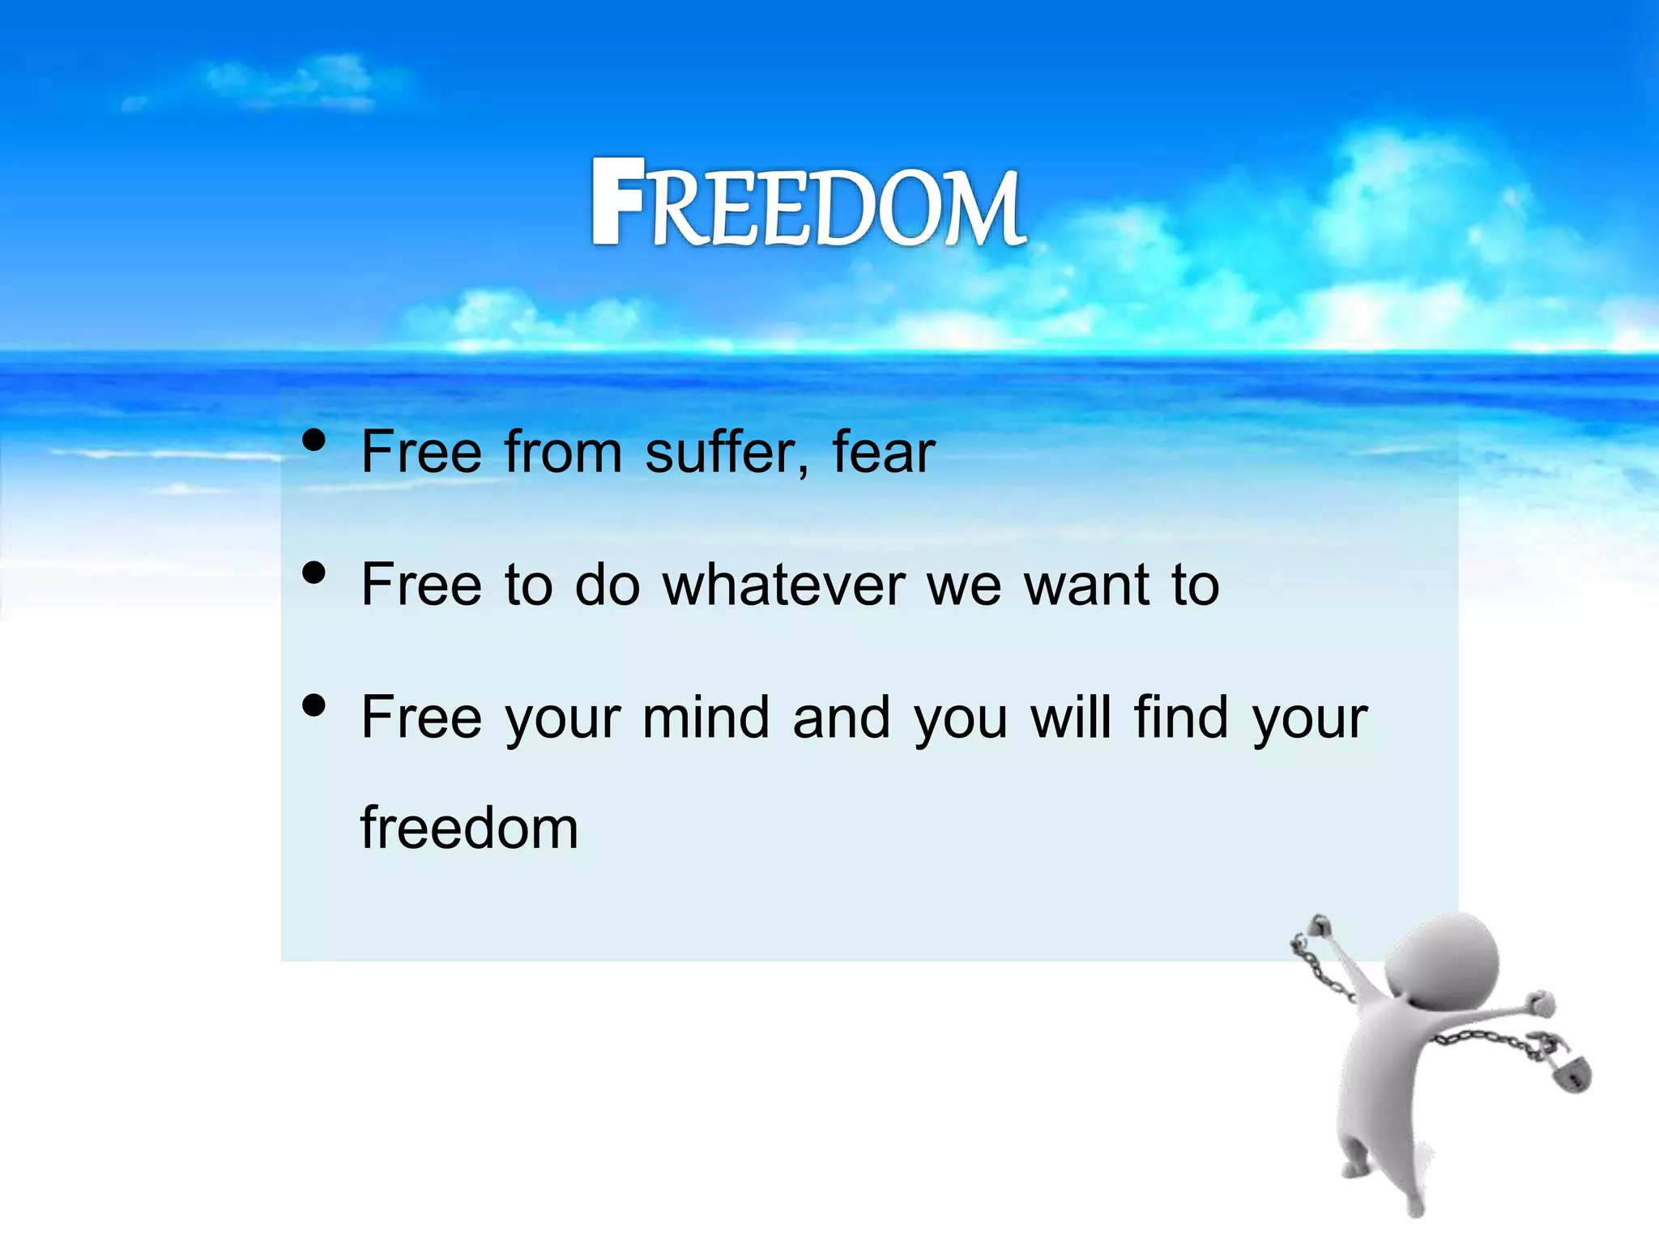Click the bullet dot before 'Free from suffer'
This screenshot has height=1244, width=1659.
(313, 441)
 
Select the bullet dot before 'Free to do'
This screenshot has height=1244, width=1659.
(313, 573)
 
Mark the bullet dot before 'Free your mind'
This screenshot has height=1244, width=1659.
(313, 705)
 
